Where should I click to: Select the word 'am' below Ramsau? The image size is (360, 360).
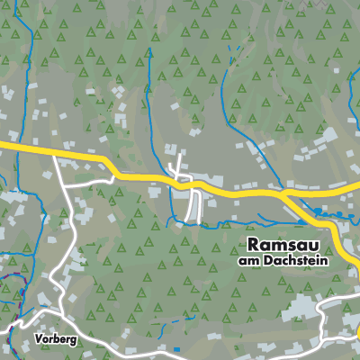click(248, 261)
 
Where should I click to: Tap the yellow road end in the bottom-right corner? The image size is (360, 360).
click(356, 335)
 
